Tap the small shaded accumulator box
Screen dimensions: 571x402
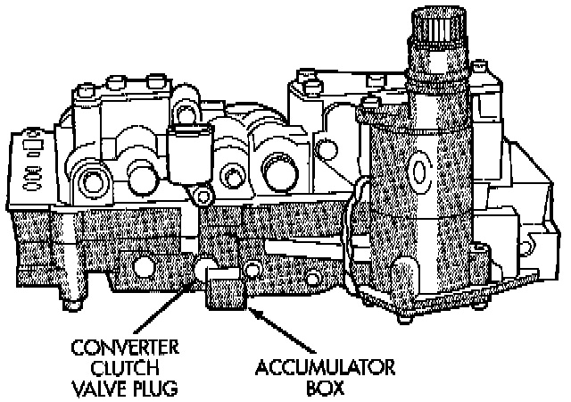pos(226,291)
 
